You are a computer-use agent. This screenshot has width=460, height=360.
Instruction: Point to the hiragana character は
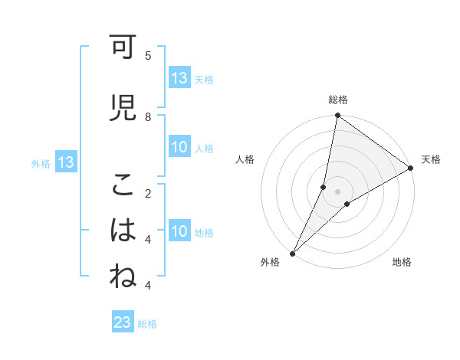122,231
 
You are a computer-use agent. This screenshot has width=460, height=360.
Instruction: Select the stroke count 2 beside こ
148,193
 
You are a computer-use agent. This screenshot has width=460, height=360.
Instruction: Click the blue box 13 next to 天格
179,78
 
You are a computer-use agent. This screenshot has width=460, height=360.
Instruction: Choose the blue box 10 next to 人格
179,148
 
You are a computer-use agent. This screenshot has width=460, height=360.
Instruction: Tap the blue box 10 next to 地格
179,232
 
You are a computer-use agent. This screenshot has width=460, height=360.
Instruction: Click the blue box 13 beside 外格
65,162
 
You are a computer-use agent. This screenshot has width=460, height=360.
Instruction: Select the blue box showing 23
123,323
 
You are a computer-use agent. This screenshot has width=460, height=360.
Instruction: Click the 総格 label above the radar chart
338,100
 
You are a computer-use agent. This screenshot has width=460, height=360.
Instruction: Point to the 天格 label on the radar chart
431,159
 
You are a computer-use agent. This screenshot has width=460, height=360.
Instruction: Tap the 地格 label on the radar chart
402,263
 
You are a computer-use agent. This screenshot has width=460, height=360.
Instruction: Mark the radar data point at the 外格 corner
292,253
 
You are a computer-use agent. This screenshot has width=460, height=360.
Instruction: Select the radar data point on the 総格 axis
337,116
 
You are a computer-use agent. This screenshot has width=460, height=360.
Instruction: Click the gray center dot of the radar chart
337,191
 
